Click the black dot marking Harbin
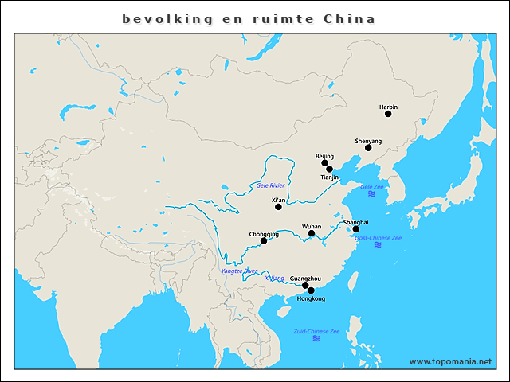tap(388, 114)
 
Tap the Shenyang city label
tap(368, 141)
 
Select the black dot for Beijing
tap(325, 163)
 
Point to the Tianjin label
tap(329, 177)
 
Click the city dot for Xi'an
tap(278, 207)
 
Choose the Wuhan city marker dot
tap(312, 233)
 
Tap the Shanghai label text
tap(355, 222)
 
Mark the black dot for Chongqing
tap(264, 240)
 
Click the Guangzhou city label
tap(305, 278)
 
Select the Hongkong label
tap(311, 299)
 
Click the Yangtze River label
tap(238, 271)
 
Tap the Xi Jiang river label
tap(274, 279)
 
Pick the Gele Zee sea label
tap(372, 186)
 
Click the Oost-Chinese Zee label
tap(378, 237)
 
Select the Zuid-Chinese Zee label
tap(316, 331)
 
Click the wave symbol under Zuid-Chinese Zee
tap(316, 339)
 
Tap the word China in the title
tap(349, 18)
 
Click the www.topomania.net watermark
tap(450, 361)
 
